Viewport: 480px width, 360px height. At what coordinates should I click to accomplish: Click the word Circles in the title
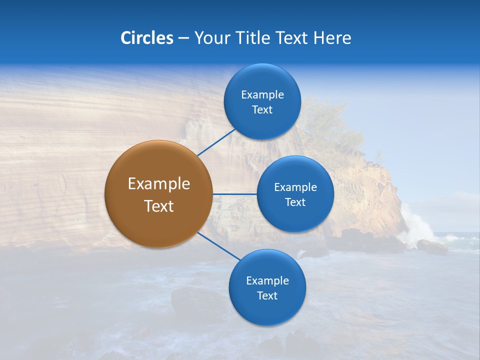pos(146,38)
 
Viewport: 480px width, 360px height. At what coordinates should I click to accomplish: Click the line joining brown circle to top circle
pos(217,142)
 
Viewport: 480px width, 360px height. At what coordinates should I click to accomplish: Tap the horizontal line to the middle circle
pos(234,194)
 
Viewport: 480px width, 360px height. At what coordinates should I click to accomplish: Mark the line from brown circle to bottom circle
pos(219,245)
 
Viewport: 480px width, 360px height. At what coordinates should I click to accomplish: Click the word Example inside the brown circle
pos(159,184)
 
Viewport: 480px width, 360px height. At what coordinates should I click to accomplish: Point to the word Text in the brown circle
pos(159,206)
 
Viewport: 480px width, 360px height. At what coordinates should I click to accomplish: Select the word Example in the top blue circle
pos(262,95)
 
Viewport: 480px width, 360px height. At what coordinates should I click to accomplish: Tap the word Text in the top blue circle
pos(262,110)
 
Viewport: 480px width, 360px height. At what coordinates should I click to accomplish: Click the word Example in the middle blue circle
pos(295,187)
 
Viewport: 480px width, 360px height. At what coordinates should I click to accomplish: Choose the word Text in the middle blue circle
pos(295,202)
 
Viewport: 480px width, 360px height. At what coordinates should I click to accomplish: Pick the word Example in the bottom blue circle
pos(267,281)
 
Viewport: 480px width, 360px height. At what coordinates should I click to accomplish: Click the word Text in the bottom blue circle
pos(267,296)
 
